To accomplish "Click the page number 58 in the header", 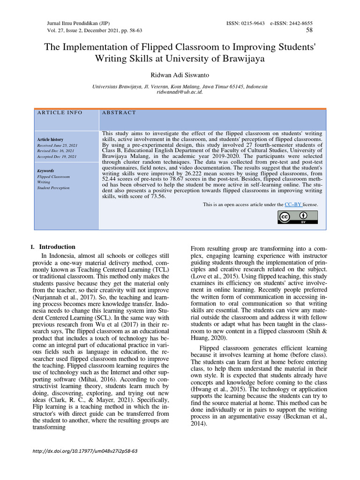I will tap(309, 30).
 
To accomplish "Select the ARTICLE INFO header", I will tap(60, 112).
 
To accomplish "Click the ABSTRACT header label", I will tap(119, 112).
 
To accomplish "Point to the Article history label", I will tap(50, 140).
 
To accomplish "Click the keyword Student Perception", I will tap(53, 188).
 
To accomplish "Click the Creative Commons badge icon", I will tap(298, 217).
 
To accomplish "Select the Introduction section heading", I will tap(57, 247).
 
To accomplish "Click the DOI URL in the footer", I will tap(83, 451).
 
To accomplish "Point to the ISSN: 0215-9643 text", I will tap(245, 23).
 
